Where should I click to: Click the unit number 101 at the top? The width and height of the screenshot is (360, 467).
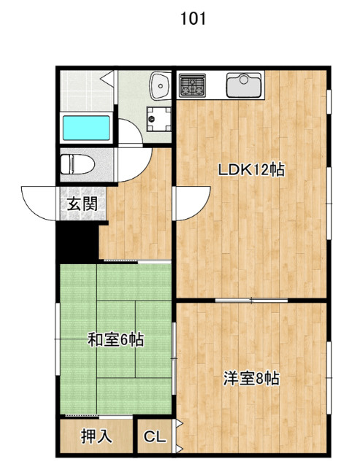[193, 19]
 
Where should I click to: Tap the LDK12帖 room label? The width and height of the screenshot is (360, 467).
[251, 170]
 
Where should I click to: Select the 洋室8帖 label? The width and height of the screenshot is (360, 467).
[251, 379]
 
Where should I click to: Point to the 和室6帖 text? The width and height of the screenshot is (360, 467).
[115, 339]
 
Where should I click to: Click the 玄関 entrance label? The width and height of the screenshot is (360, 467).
[83, 204]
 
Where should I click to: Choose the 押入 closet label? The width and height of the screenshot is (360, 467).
[96, 436]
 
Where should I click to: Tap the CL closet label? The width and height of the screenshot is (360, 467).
[154, 437]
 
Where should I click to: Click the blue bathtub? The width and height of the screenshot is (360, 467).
[86, 128]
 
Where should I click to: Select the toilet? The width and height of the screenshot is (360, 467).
[77, 164]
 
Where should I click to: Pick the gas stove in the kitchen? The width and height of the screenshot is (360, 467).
[192, 85]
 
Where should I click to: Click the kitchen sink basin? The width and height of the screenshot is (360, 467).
[244, 85]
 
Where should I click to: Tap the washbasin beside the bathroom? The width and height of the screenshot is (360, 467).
[160, 85]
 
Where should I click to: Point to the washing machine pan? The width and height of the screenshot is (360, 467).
[159, 119]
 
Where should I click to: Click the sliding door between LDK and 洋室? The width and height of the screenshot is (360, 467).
[251, 300]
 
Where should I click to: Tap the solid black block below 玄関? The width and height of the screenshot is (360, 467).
[77, 242]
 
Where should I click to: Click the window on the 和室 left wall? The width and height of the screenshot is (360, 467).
[57, 339]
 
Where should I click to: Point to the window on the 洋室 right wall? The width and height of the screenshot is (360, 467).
[329, 378]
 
